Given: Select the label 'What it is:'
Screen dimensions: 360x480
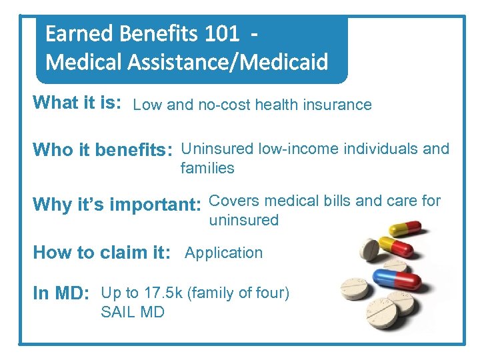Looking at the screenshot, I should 77,103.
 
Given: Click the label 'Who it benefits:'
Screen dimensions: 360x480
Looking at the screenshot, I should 103,150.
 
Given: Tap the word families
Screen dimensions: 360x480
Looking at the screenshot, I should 207,169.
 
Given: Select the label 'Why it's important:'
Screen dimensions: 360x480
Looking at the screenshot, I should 117,204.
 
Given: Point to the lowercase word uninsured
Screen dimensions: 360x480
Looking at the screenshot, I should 243,221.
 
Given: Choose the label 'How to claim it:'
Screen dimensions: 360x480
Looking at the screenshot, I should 102,253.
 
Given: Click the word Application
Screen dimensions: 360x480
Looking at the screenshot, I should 223,253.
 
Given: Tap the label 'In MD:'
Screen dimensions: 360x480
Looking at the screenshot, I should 61,294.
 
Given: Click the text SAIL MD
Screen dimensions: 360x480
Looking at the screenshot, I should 132,312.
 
